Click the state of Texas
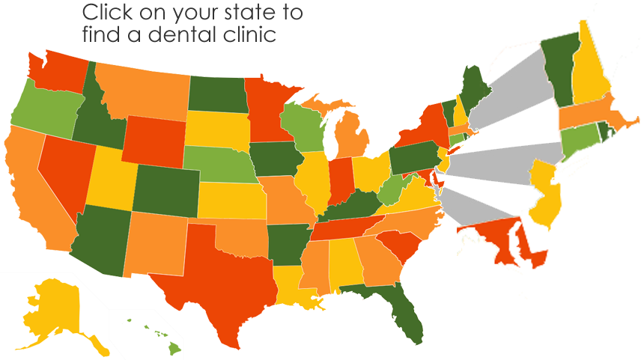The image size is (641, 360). pyautogui.click(x=225, y=281)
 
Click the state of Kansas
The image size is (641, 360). pyautogui.click(x=232, y=198)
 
